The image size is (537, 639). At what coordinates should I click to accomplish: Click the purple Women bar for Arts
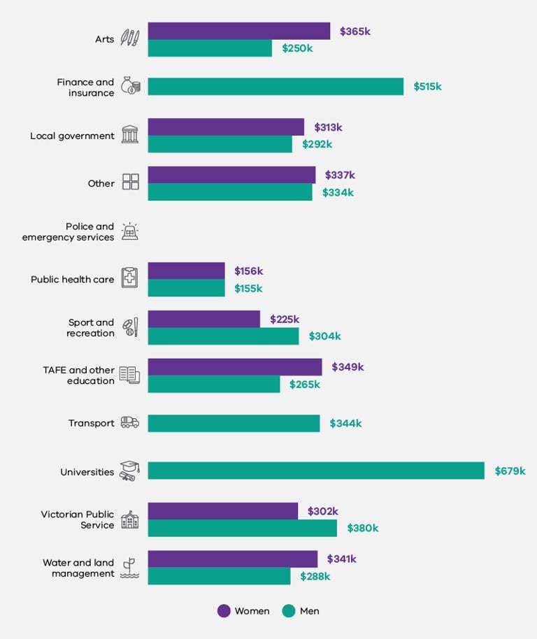238,31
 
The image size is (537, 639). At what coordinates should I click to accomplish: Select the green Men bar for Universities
315,471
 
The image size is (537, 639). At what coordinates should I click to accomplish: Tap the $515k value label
427,87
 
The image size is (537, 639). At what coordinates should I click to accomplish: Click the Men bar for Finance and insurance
275,87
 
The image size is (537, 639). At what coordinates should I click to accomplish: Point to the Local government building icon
130,135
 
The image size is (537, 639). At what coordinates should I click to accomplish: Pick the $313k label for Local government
328,127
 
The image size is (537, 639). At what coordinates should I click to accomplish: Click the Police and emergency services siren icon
130,231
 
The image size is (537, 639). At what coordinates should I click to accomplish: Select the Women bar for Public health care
186,271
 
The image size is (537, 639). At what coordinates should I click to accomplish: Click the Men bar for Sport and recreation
223,336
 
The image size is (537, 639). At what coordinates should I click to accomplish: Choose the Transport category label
91,423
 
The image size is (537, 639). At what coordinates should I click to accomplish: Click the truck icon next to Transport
130,422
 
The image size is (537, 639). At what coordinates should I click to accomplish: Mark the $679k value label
510,471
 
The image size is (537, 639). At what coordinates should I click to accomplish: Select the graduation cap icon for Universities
129,471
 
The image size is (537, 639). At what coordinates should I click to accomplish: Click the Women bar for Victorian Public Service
222,511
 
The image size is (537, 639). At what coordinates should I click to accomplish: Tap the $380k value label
362,529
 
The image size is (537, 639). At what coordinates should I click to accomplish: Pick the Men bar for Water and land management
219,576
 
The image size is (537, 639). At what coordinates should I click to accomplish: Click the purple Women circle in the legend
224,611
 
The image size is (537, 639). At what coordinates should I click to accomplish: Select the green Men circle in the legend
289,611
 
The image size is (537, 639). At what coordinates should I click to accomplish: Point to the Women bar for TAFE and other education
235,367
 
